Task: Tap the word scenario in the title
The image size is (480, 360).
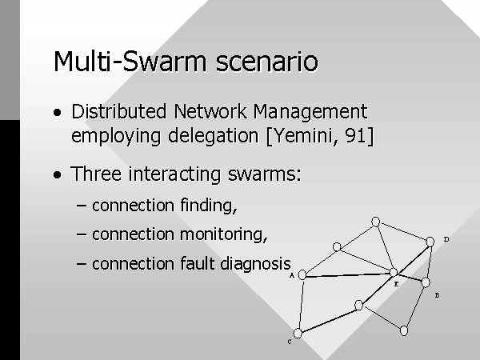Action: pyautogui.click(x=267, y=62)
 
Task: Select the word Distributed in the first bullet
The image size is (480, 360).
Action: pyautogui.click(x=119, y=111)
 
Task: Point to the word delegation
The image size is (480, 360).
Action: pyautogui.click(x=214, y=136)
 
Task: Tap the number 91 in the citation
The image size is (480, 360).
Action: pyautogui.click(x=355, y=135)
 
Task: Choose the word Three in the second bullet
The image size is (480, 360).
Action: pyautogui.click(x=96, y=174)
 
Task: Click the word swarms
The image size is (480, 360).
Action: pyautogui.click(x=265, y=174)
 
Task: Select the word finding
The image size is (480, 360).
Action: pyautogui.click(x=209, y=206)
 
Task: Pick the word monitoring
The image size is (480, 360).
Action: pyautogui.click(x=224, y=235)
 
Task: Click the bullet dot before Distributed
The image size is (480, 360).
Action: pyautogui.click(x=58, y=113)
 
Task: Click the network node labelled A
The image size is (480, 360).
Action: pyautogui.click(x=302, y=274)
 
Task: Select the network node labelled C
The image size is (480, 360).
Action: pyautogui.click(x=298, y=333)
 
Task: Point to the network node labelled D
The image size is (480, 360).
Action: pyautogui.click(x=430, y=242)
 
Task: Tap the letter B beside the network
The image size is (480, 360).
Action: pyautogui.click(x=437, y=295)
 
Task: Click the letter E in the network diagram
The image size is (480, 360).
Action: pyautogui.click(x=396, y=284)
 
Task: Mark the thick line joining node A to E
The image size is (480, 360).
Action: pyautogui.click(x=348, y=275)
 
